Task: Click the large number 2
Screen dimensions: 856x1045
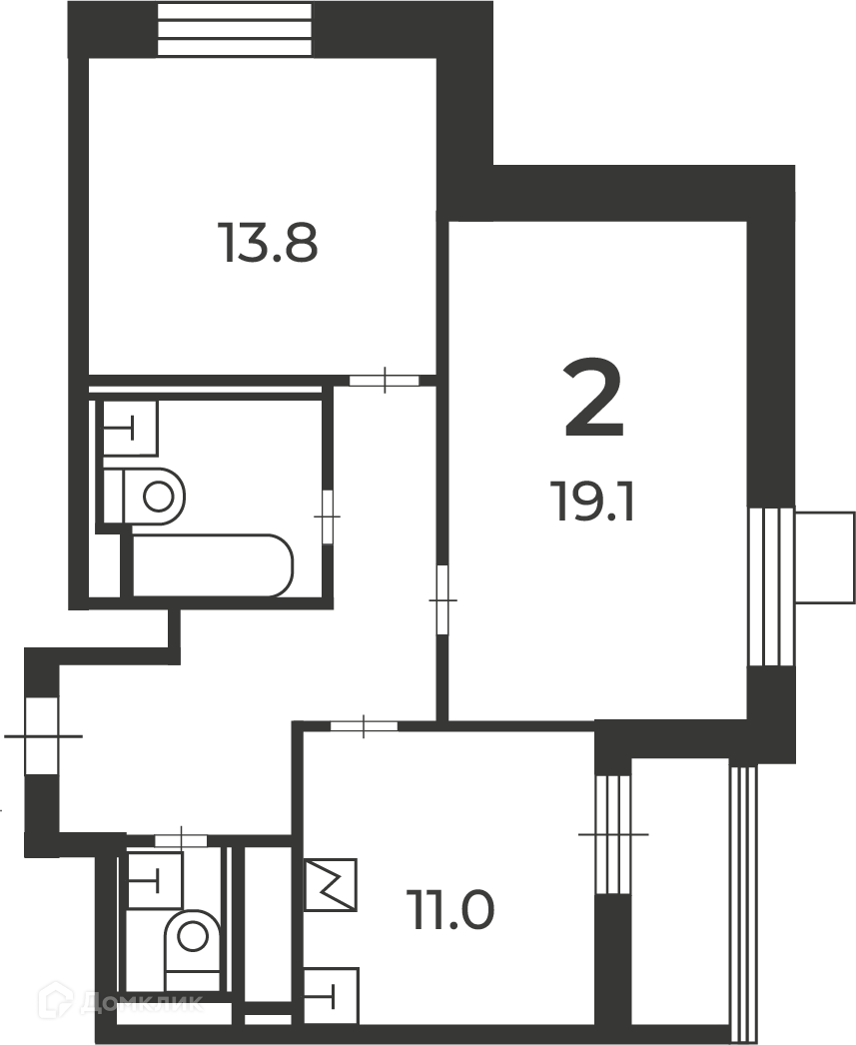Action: [593, 398]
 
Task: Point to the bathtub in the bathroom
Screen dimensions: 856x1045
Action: [213, 565]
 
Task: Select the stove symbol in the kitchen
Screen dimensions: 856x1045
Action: [331, 884]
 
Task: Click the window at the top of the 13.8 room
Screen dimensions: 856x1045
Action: [234, 29]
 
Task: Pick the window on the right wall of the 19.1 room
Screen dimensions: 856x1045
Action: [770, 586]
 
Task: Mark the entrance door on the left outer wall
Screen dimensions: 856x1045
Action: [41, 735]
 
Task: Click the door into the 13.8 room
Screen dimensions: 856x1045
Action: [385, 381]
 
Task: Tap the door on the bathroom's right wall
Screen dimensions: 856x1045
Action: [327, 517]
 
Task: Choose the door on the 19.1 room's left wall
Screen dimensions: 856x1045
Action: [442, 599]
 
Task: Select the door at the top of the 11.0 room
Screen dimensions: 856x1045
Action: [364, 725]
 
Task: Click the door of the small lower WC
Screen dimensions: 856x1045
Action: [181, 840]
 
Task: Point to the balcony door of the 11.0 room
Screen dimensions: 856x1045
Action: [613, 834]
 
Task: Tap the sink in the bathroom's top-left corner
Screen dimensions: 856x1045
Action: [131, 428]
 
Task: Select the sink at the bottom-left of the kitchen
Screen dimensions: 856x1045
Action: [331, 996]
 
